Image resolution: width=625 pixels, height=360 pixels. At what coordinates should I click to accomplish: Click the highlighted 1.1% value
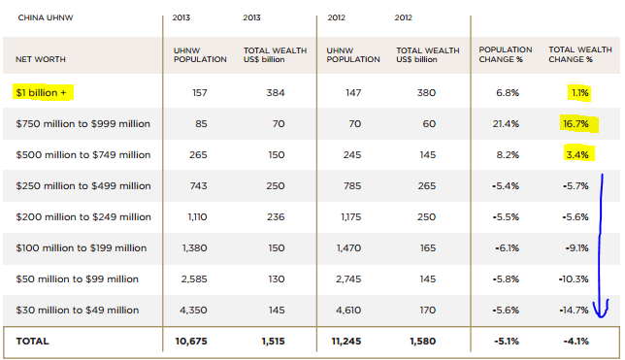[x=579, y=93]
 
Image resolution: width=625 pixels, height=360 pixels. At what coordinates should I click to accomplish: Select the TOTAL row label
[x=32, y=341]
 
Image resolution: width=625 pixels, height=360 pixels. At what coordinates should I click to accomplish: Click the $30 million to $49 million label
[x=83, y=310]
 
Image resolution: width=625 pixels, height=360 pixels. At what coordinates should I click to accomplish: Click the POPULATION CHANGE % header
[x=504, y=53]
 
